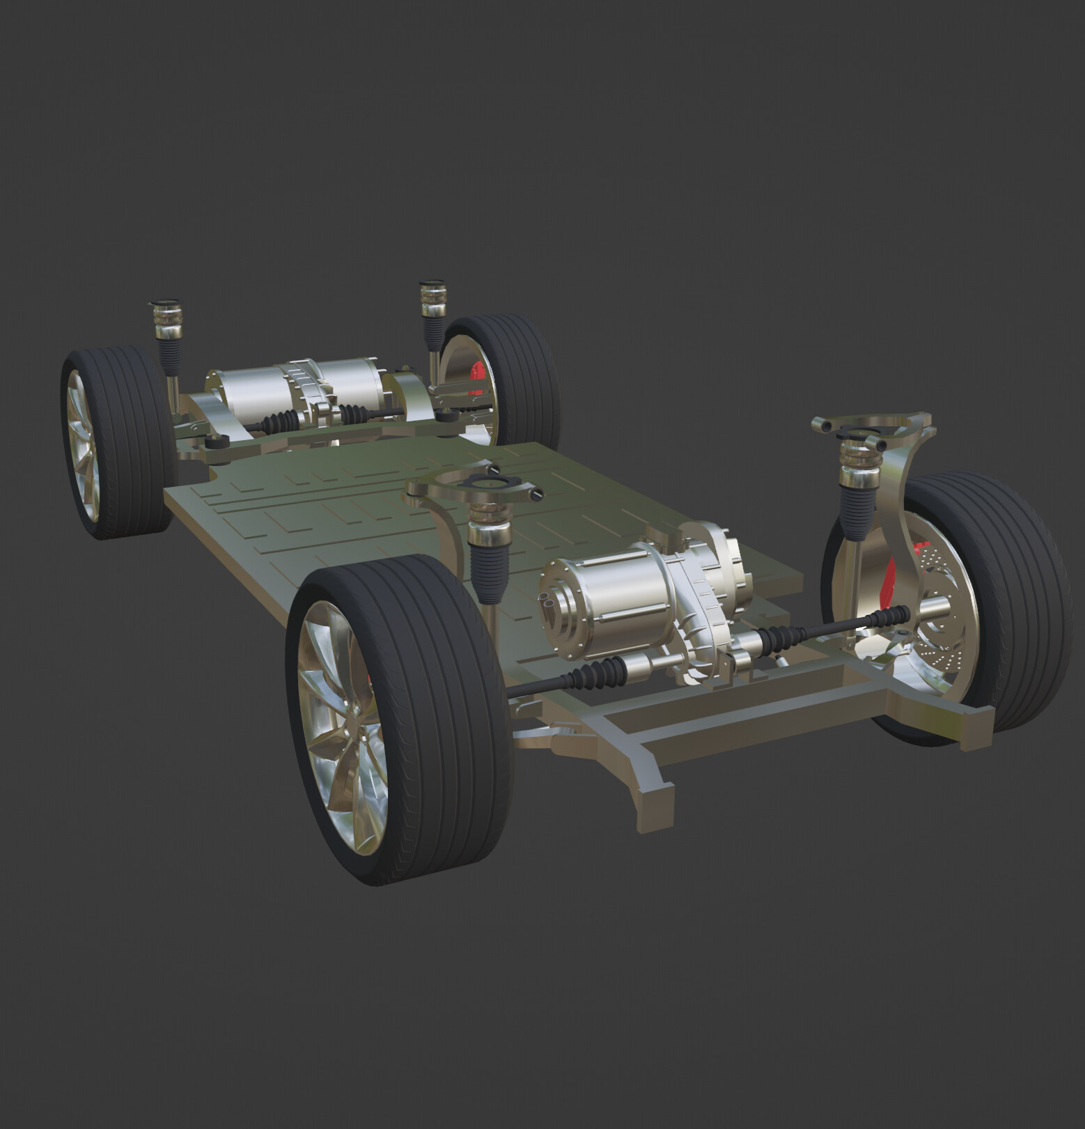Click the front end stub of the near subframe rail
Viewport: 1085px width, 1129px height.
[x=655, y=801]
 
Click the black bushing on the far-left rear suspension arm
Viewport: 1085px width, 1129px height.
[x=218, y=441]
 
